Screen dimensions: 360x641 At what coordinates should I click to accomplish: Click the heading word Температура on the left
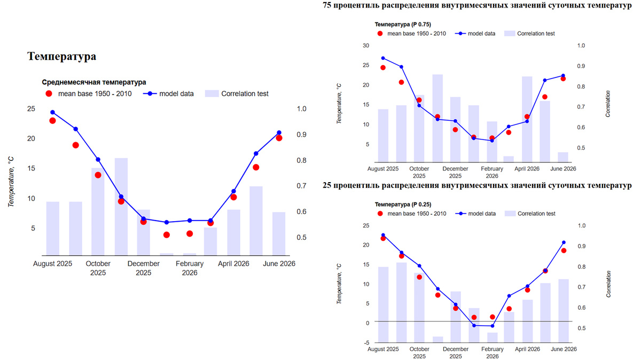point(61,56)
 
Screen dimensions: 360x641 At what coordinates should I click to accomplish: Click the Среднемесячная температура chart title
point(93,82)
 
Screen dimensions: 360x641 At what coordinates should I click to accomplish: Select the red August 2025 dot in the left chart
point(52,121)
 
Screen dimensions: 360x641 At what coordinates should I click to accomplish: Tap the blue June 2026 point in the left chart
point(279,132)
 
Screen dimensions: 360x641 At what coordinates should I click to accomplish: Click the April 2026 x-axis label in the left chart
point(234,263)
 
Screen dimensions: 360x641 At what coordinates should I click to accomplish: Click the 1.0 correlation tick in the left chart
point(301,109)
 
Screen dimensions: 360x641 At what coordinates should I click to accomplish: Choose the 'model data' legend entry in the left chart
point(176,93)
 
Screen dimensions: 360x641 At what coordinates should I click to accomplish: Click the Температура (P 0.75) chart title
point(403,24)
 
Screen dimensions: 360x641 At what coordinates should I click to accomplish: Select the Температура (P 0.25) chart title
point(403,204)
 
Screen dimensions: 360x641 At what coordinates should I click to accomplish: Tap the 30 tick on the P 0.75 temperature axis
point(365,45)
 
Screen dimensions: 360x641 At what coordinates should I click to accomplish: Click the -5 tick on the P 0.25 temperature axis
point(365,342)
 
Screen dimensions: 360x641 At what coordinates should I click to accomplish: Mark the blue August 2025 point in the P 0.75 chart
point(383,58)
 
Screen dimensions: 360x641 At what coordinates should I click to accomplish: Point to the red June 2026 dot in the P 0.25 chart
point(563,251)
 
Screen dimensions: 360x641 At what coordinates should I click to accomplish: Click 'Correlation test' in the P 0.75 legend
point(536,33)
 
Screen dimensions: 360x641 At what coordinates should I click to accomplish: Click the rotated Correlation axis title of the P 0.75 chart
point(609,104)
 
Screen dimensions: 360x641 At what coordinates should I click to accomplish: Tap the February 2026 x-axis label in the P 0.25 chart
point(492,353)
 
